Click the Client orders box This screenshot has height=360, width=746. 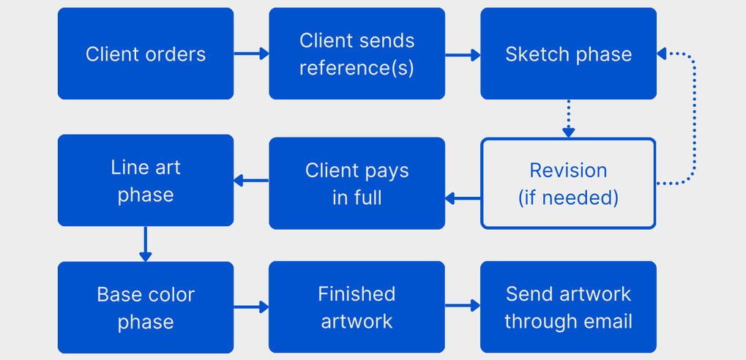[146, 53]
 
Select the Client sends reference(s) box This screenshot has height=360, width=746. [357, 53]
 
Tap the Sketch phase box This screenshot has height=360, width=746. [568, 53]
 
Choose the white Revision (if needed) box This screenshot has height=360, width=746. [568, 184]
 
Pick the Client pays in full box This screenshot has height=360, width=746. [357, 184]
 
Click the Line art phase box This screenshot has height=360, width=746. [146, 180]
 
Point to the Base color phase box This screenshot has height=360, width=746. [146, 307]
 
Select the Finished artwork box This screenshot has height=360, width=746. [357, 307]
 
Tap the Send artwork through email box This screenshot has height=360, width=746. [568, 307]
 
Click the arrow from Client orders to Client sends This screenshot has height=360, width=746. [251, 53]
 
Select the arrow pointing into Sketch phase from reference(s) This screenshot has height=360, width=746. [463, 53]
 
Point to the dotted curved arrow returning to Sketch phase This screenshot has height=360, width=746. [692, 117]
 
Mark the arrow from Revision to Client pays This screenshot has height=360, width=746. [463, 198]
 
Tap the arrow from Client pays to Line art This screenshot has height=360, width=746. [251, 180]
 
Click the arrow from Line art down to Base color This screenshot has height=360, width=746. [146, 244]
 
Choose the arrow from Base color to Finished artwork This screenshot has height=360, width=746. [251, 307]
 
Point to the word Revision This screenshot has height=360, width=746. [568, 170]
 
